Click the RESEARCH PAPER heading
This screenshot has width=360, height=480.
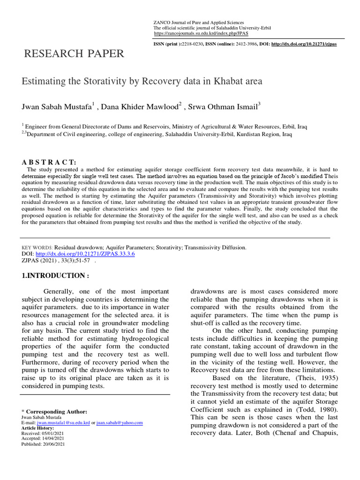[74, 54]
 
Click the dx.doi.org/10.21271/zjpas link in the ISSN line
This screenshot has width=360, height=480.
[304, 44]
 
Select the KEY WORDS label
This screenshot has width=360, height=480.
[37, 247]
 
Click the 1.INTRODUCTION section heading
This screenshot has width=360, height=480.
[55, 276]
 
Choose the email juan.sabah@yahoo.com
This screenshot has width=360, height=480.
[120, 422]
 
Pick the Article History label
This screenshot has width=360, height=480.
[38, 428]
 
